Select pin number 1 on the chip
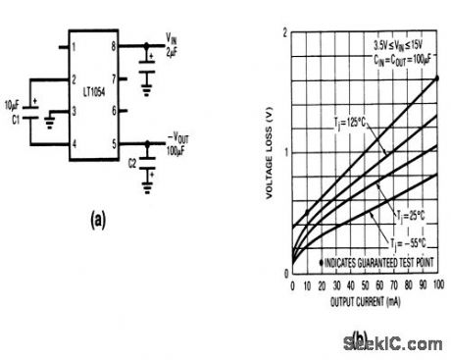73,45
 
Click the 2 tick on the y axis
285,33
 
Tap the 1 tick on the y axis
285,152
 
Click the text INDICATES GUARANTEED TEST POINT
376,263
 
